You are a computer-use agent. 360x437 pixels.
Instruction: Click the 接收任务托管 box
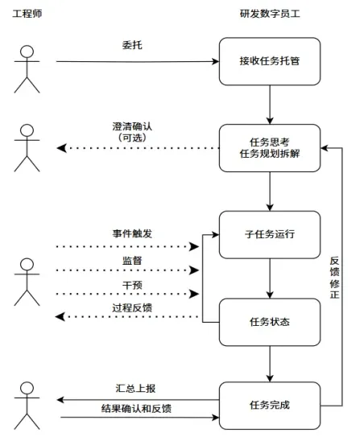[x=270, y=60]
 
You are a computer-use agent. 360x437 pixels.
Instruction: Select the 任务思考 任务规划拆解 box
[x=270, y=147]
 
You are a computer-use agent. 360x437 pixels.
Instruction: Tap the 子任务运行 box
[x=270, y=234]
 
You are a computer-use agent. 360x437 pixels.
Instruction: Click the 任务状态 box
[x=270, y=322]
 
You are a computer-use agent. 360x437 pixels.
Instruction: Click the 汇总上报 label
[x=133, y=390]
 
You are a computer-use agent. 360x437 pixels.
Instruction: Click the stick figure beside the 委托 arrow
[x=27, y=68]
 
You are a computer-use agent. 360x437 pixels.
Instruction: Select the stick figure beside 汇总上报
[x=27, y=406]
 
